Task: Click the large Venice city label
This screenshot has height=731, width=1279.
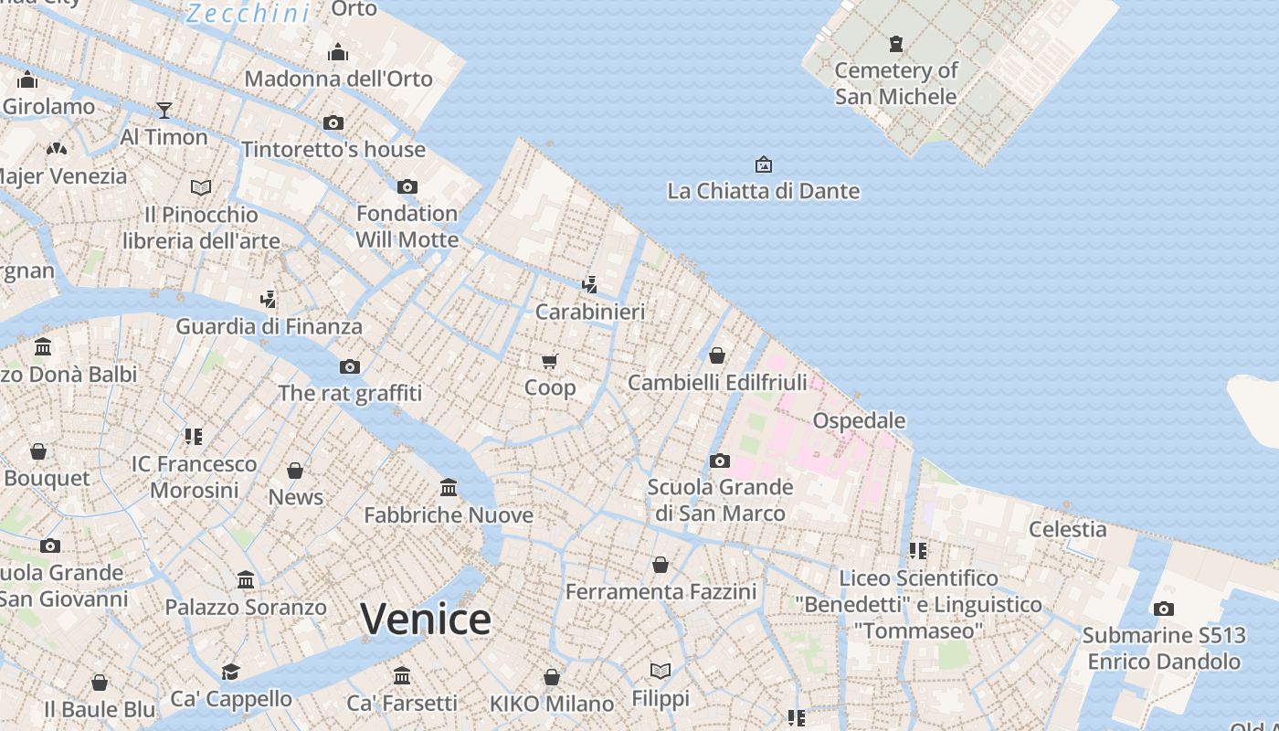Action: click(426, 619)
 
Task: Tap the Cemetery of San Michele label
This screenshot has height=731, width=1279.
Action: click(896, 83)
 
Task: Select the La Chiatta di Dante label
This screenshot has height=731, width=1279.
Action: click(763, 191)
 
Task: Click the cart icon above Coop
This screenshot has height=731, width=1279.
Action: click(549, 362)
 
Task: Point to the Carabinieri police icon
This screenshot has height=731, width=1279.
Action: click(590, 284)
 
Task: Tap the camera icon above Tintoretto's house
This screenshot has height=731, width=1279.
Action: click(333, 122)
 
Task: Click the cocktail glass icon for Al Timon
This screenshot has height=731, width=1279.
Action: click(164, 111)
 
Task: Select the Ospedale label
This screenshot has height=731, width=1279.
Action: click(859, 421)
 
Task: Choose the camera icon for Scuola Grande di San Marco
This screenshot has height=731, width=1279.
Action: click(720, 461)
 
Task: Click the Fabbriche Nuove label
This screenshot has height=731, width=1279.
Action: click(449, 515)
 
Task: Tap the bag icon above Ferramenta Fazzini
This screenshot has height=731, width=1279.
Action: click(661, 566)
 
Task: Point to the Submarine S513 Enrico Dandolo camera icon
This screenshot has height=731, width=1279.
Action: click(1163, 609)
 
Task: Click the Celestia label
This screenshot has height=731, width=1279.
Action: click(1067, 529)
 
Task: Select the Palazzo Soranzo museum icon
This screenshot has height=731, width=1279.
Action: click(246, 580)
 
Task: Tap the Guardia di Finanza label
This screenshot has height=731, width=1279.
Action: click(269, 326)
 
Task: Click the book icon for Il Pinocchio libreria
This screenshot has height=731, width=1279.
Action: click(201, 187)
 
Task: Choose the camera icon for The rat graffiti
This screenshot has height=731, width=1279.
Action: click(349, 367)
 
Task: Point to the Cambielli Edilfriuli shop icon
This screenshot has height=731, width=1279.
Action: click(717, 355)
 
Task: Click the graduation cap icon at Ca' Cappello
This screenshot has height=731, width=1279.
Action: click(230, 673)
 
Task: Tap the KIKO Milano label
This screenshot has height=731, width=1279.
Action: click(552, 705)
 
